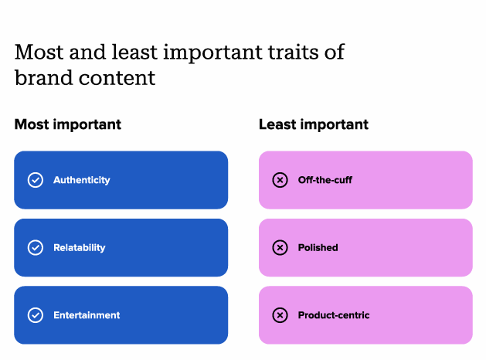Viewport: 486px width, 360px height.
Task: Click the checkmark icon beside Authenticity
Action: click(x=36, y=180)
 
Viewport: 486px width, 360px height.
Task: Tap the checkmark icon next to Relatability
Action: click(x=36, y=247)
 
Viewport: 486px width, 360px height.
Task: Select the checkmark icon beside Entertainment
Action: click(x=36, y=315)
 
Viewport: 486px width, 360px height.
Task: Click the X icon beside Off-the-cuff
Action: click(x=280, y=180)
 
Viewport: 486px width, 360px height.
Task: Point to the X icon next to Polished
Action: click(x=280, y=247)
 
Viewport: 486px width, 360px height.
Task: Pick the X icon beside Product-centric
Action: click(x=280, y=315)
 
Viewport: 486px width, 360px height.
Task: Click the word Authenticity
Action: click(x=82, y=180)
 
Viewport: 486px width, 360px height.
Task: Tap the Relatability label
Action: click(x=80, y=247)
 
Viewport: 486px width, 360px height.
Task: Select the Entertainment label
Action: click(x=87, y=315)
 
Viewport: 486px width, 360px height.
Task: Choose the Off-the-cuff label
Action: click(x=325, y=180)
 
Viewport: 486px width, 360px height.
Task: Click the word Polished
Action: click(x=318, y=247)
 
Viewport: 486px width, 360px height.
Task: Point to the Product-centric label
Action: click(x=334, y=315)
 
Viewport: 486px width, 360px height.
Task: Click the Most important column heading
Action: click(x=68, y=124)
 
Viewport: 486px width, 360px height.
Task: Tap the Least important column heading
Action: click(x=314, y=124)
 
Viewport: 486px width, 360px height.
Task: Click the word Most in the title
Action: click(x=39, y=52)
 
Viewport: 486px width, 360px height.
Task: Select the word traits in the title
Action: click(x=293, y=52)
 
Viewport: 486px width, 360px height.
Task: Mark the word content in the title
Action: click(x=117, y=78)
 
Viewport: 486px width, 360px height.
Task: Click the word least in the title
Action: click(x=134, y=52)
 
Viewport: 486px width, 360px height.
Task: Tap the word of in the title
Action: click(x=335, y=52)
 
